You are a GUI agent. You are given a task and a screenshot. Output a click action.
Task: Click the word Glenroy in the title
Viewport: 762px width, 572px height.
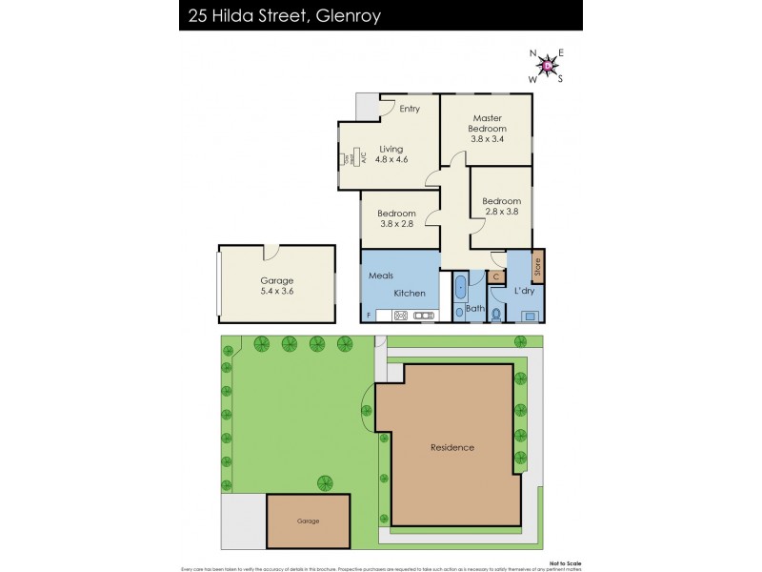pyautogui.click(x=353, y=15)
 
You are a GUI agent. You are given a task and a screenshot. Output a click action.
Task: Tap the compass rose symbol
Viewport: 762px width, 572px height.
pyautogui.click(x=547, y=66)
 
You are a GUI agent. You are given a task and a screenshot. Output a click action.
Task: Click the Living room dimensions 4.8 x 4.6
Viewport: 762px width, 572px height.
pyautogui.click(x=391, y=159)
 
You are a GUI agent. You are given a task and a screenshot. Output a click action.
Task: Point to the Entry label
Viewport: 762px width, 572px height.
pyautogui.click(x=409, y=109)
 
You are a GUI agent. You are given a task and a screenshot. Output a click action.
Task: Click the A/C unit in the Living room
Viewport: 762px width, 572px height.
pyautogui.click(x=349, y=158)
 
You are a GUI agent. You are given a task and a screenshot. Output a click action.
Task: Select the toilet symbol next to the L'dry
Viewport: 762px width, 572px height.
pyautogui.click(x=495, y=311)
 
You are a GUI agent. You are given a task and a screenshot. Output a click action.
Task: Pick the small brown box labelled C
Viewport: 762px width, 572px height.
pyautogui.click(x=496, y=276)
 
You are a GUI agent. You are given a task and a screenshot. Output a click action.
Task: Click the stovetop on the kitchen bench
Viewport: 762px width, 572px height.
pyautogui.click(x=401, y=316)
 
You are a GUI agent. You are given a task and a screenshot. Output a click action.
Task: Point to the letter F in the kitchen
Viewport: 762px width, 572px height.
pyautogui.click(x=368, y=316)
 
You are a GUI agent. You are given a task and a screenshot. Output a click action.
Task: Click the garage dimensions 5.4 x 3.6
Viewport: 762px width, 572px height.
pyautogui.click(x=276, y=293)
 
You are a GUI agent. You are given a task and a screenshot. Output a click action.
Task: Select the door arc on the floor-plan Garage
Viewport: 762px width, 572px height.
pyautogui.click(x=271, y=254)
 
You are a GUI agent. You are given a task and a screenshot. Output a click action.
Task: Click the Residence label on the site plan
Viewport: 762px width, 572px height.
pyautogui.click(x=451, y=447)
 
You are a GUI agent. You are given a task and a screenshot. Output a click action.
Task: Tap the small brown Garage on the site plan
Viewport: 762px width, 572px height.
pyautogui.click(x=307, y=521)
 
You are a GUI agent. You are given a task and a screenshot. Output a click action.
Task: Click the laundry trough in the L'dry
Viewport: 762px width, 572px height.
pyautogui.click(x=530, y=315)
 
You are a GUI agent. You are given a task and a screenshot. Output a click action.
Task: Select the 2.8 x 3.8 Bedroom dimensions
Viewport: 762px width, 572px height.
pyautogui.click(x=501, y=213)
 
